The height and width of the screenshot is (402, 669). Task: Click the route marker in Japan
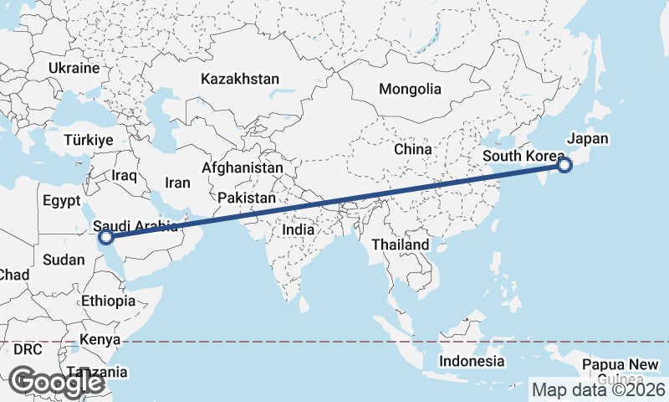coord(564,165)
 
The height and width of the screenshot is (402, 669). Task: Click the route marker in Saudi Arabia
coord(106,237)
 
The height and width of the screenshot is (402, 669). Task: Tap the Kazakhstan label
coord(239,79)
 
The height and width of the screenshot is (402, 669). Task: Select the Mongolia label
coord(410,89)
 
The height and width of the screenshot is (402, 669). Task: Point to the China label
coord(413,149)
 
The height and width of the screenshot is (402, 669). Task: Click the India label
coord(299,229)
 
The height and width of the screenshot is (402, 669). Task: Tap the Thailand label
coord(401,245)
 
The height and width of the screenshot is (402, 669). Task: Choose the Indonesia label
coord(472,361)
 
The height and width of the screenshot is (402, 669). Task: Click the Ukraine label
coord(74,68)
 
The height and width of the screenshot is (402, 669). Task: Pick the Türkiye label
coord(88,141)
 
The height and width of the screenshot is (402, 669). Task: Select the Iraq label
coord(124,176)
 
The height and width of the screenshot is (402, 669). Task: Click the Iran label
coord(177,183)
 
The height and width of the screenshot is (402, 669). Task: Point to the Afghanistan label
coord(243,167)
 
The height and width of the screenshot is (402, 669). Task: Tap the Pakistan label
coord(247,198)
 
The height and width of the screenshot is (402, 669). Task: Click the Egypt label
coord(61,201)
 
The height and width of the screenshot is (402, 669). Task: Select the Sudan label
coord(64,260)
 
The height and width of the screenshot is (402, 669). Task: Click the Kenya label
coord(100,340)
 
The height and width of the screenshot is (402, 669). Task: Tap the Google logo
coord(57,382)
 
